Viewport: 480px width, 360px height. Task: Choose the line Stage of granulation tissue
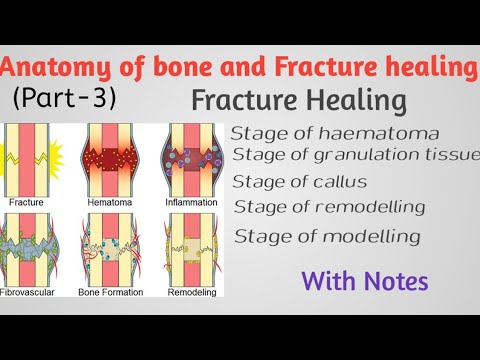[x=356, y=155]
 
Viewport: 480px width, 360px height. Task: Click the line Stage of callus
[x=299, y=181]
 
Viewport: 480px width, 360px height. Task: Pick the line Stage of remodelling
[x=328, y=207]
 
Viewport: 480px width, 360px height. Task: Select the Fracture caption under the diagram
[x=27, y=201]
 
